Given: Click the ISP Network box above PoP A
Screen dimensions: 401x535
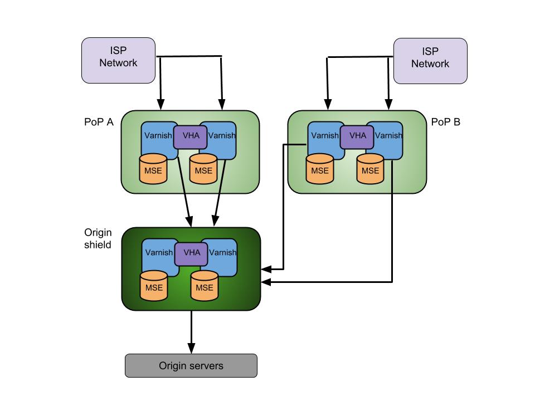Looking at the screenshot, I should (118, 60).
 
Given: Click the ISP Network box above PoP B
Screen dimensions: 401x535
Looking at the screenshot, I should (430, 61).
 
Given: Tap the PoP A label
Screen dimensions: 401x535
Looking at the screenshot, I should (99, 122).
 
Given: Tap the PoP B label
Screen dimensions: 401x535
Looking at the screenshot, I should (445, 122).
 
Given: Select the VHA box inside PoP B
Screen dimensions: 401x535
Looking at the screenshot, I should (357, 136).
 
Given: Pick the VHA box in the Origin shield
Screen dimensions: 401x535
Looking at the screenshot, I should (191, 253).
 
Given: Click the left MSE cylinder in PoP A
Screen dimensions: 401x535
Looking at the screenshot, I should (153, 170).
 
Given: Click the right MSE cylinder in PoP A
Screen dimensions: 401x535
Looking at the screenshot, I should (203, 170).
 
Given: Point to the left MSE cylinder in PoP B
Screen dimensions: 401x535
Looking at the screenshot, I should (320, 170).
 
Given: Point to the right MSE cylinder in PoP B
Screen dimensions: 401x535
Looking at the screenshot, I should (370, 170).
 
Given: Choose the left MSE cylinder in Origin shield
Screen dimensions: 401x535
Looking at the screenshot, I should (154, 287).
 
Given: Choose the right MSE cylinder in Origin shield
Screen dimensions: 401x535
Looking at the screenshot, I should (205, 287).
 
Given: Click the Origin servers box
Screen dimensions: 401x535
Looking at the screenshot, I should (191, 366).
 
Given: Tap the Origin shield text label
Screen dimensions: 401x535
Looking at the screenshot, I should (98, 238).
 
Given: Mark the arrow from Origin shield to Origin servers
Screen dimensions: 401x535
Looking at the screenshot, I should (192, 332).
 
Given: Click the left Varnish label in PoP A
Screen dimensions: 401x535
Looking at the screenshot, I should (158, 135).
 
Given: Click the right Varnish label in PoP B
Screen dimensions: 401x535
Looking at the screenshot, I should (388, 135).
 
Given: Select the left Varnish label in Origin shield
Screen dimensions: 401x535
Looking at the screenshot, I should (159, 252).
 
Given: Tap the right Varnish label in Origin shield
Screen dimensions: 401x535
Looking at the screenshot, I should (223, 252).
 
